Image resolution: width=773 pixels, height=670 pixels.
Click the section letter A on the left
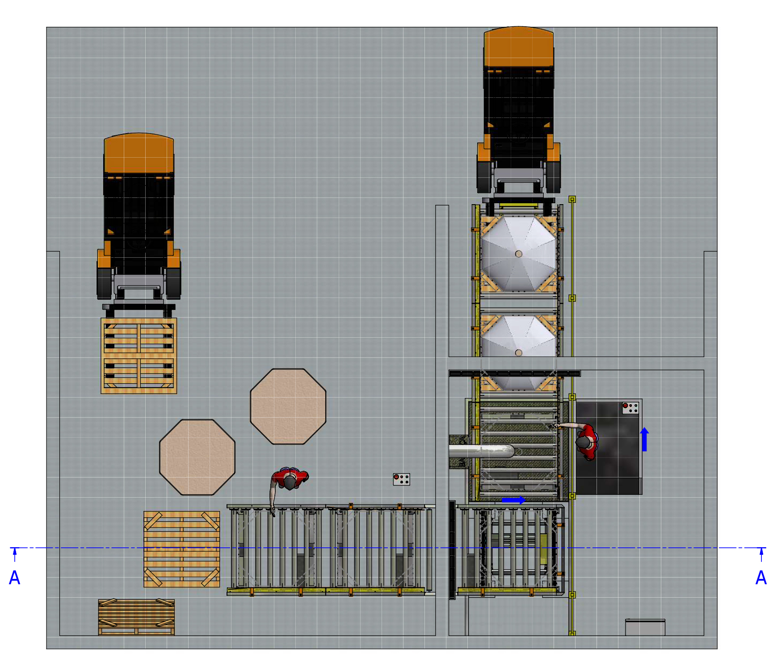tap(14, 578)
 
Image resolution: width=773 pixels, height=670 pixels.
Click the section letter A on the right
tap(761, 578)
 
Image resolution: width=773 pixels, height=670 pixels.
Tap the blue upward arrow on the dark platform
tap(644, 439)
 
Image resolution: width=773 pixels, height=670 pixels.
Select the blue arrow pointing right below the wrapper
tap(513, 500)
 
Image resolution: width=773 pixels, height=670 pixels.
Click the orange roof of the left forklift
tap(139, 153)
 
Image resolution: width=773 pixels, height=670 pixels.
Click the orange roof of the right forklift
tap(519, 46)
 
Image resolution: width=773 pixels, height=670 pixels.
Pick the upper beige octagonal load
tap(288, 406)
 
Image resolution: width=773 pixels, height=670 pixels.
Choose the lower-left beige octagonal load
tap(197, 457)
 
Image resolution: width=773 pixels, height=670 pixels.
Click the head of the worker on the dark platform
tap(584, 442)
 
